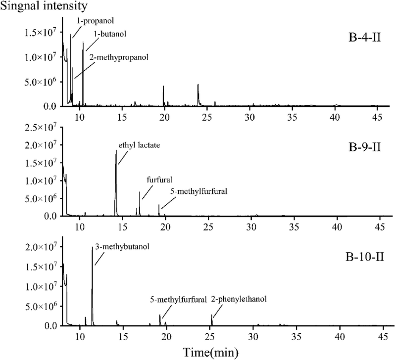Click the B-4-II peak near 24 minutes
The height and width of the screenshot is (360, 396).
pos(198,85)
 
